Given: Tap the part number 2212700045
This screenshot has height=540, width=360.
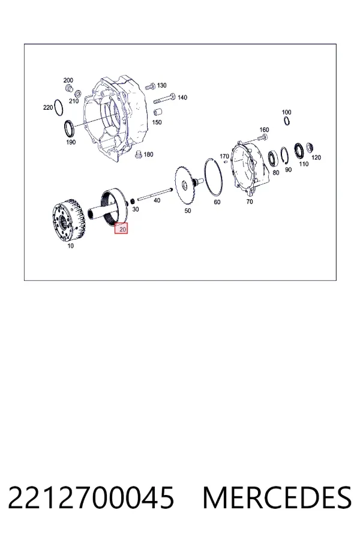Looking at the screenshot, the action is click(91, 497).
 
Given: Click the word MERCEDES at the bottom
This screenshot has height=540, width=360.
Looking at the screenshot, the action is click(277, 497).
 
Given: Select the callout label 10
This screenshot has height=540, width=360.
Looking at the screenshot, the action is click(70, 246).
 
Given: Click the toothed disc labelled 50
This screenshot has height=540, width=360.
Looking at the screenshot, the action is click(185, 187).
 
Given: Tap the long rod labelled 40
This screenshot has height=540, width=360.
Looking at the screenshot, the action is click(155, 194).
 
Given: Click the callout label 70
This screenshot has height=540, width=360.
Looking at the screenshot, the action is click(250, 202).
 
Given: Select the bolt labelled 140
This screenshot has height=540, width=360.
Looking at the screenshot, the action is click(164, 99).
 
